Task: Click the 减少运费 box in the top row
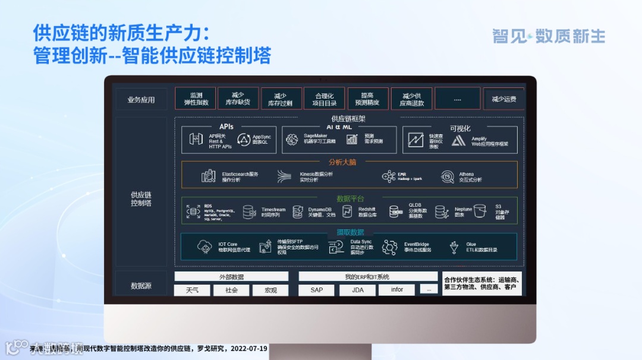tap(503, 99)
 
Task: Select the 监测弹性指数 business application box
tap(196, 99)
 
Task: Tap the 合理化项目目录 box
tap(324, 99)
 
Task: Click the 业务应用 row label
tap(141, 100)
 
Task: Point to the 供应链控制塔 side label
tap(141, 199)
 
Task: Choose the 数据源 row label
tap(141, 286)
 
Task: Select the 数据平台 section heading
tap(350, 198)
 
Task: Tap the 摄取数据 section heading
tap(350, 232)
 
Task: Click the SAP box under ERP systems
tap(317, 290)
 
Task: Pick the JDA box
tap(357, 290)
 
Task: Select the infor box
tap(397, 290)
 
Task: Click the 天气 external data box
tap(192, 290)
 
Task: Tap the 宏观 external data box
tap(270, 290)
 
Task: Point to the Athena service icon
tap(448, 176)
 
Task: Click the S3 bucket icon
tap(480, 211)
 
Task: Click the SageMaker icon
tap(291, 139)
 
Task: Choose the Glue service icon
tap(454, 247)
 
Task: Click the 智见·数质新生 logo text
tap(548, 36)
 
